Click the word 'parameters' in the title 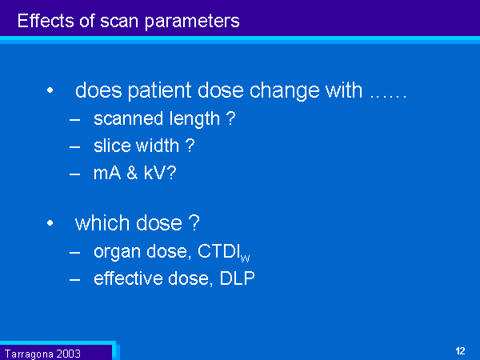192,22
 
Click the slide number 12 460,351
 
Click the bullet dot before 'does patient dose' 50,90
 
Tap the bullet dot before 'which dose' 50,223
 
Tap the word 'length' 194,119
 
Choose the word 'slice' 113,146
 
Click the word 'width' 158,146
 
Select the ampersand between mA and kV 132,173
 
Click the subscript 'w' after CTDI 246,258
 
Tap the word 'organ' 118,253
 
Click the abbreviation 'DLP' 238,278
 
